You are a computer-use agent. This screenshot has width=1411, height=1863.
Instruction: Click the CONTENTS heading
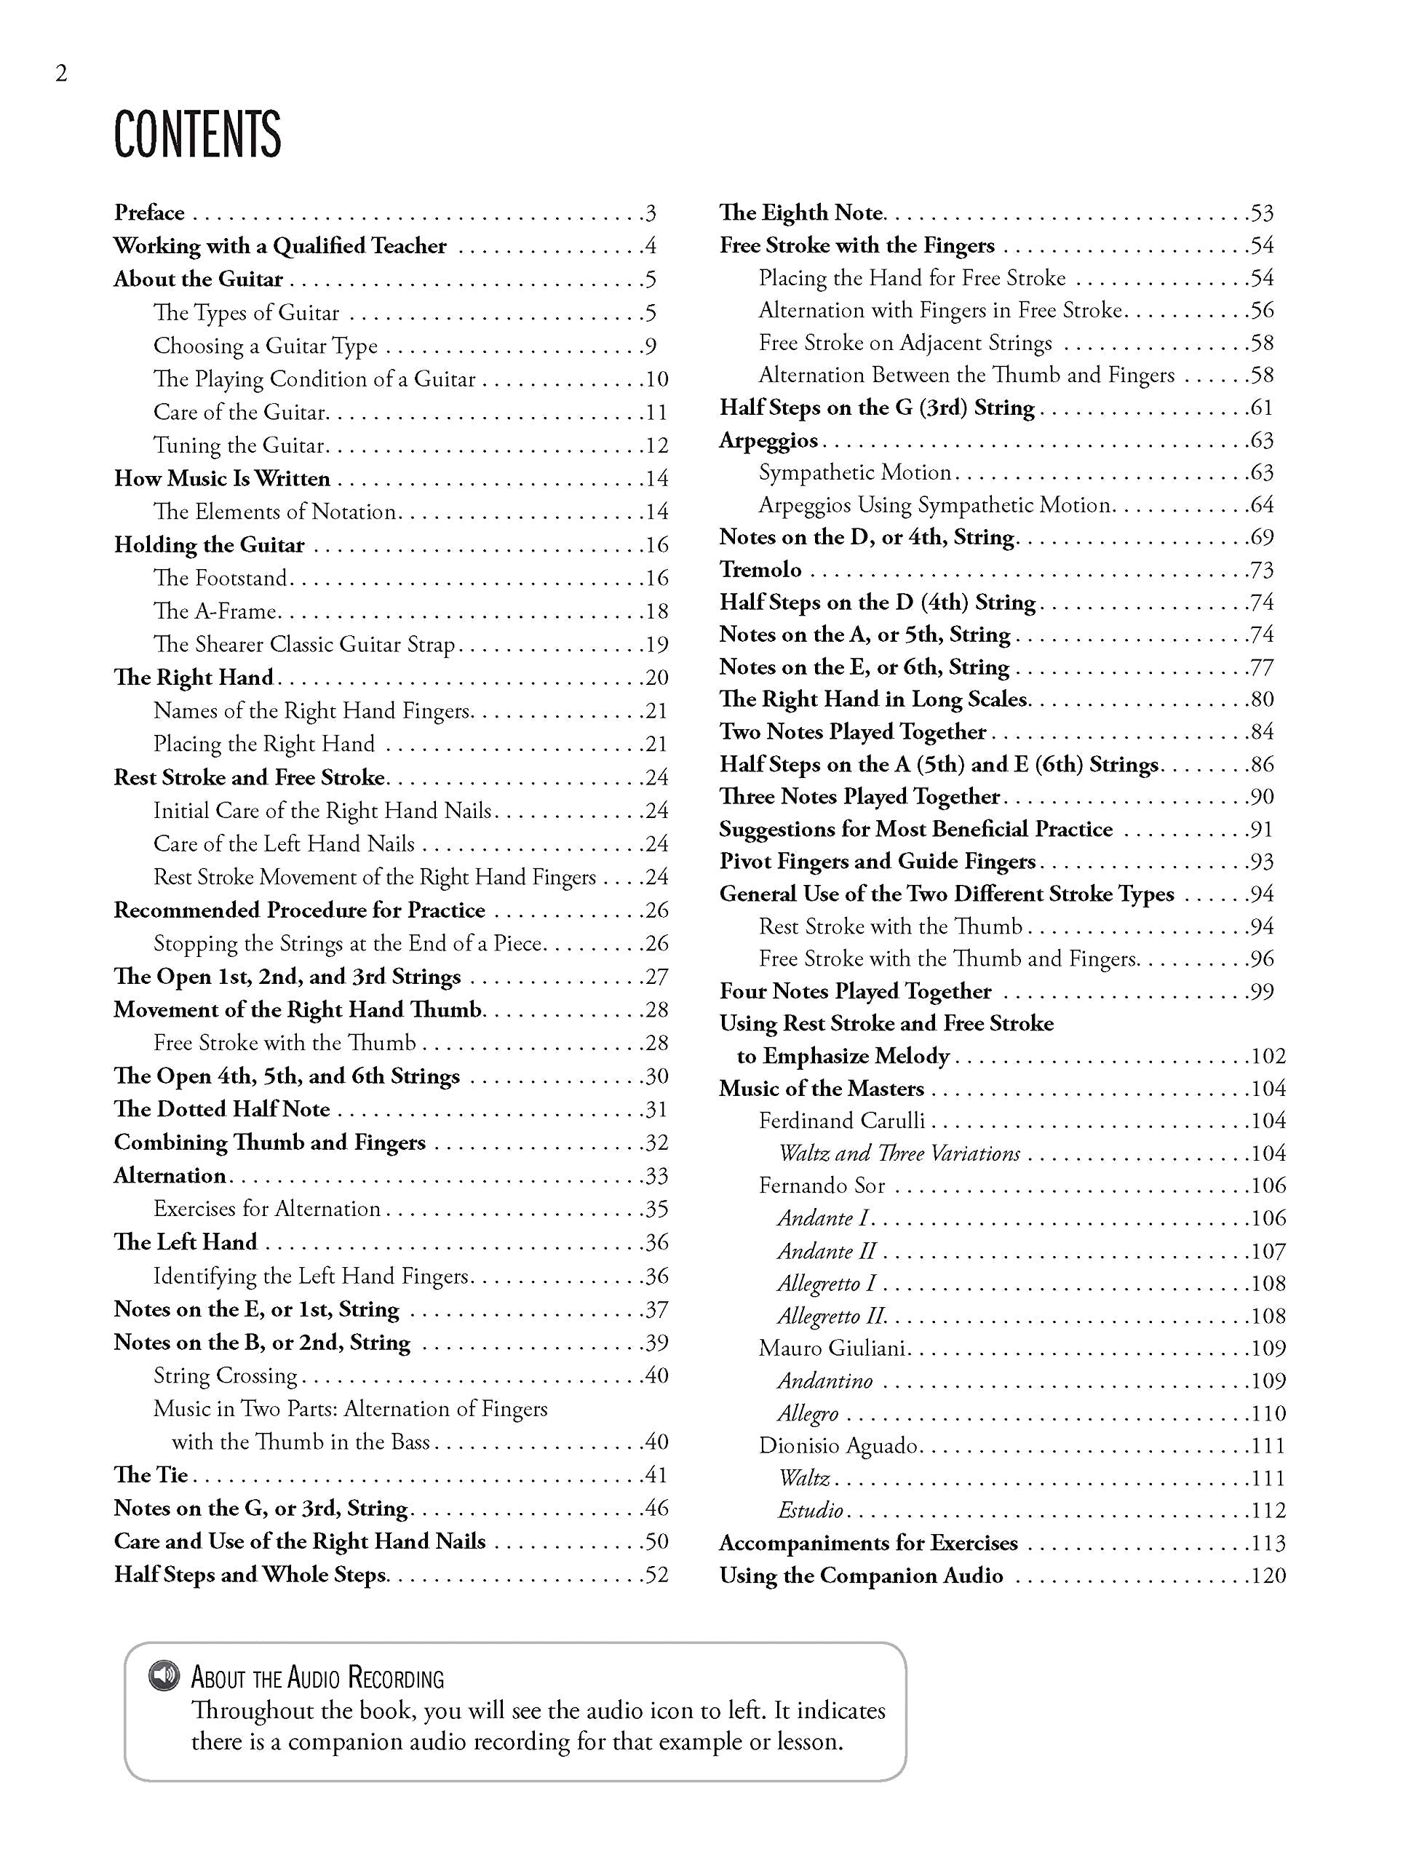click(x=197, y=135)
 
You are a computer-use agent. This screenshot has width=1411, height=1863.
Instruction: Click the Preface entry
click(x=149, y=213)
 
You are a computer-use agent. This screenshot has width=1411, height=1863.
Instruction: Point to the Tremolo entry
click(x=760, y=571)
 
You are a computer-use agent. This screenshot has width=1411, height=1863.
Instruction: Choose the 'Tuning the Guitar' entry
click(x=239, y=445)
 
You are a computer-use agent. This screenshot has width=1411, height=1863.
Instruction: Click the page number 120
click(x=1268, y=1576)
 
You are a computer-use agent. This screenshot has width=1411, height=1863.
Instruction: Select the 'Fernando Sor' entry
click(x=822, y=1186)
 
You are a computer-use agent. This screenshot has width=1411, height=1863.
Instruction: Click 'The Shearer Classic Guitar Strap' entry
click(x=304, y=644)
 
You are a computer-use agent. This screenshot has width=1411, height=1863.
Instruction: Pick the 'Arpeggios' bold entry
click(x=768, y=440)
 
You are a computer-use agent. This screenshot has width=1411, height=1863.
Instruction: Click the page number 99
click(x=1261, y=992)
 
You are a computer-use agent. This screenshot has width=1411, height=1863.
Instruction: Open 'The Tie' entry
click(x=151, y=1474)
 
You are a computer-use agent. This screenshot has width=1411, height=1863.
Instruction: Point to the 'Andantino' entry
click(x=824, y=1381)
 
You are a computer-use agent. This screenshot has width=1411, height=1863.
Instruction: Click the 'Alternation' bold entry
click(x=170, y=1176)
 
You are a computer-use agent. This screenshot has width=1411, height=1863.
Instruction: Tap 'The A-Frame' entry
click(x=215, y=611)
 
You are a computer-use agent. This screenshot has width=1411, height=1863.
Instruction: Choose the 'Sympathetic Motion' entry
click(x=854, y=472)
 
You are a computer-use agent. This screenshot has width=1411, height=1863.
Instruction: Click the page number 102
click(x=1268, y=1056)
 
